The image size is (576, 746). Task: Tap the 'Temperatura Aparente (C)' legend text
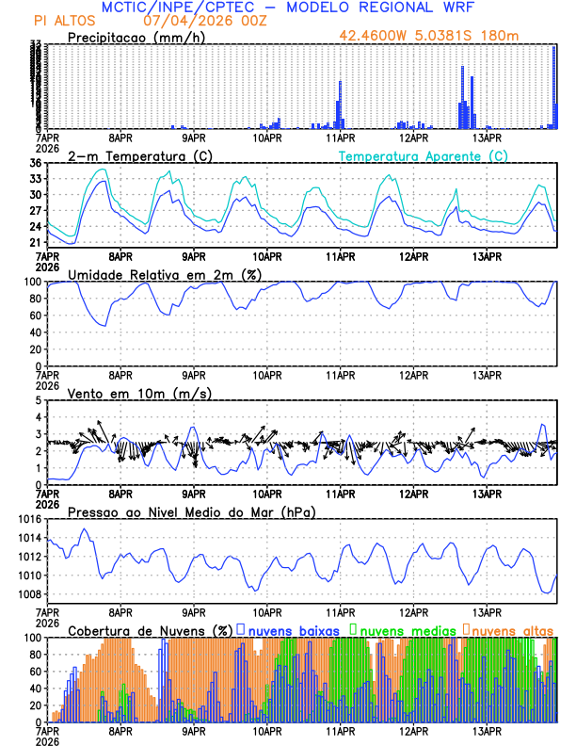pyautogui.click(x=424, y=155)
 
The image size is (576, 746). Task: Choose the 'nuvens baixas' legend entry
pyautogui.click(x=295, y=629)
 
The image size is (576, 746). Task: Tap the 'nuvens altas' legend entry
pyautogui.click(x=510, y=629)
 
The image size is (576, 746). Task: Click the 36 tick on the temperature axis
pyautogui.click(x=34, y=163)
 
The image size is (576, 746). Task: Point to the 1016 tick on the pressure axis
pyautogui.click(x=28, y=519)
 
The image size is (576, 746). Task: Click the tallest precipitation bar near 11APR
pyautogui.click(x=340, y=104)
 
